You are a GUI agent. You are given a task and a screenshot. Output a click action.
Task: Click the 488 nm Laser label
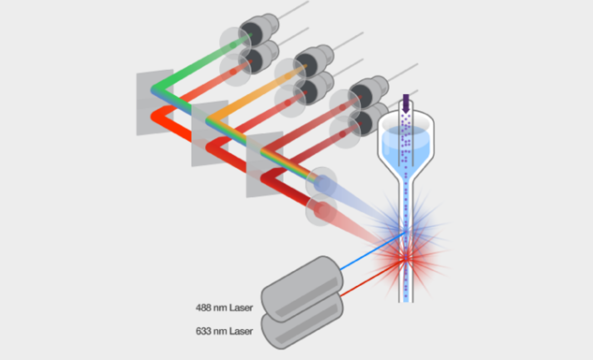(x=224, y=308)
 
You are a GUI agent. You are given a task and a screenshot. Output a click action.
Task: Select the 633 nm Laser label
(x=224, y=331)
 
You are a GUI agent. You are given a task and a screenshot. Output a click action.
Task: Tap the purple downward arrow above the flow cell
(x=406, y=103)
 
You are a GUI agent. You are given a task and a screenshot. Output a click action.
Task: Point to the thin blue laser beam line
(x=372, y=251)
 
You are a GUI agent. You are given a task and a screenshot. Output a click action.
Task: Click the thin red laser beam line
(x=372, y=277)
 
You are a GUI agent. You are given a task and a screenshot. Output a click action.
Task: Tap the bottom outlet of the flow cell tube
(x=406, y=299)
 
